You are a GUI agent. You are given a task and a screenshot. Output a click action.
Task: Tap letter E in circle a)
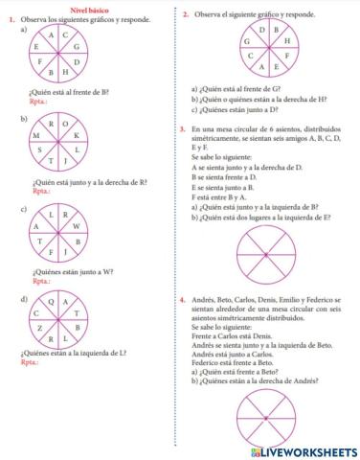click(x=36, y=46)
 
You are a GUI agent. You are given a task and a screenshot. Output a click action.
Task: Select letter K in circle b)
click(x=77, y=136)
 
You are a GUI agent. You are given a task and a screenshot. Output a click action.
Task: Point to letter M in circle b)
click(x=35, y=136)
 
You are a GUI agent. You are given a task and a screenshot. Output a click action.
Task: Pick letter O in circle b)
click(x=65, y=124)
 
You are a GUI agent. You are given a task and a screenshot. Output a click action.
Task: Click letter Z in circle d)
click(x=36, y=328)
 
